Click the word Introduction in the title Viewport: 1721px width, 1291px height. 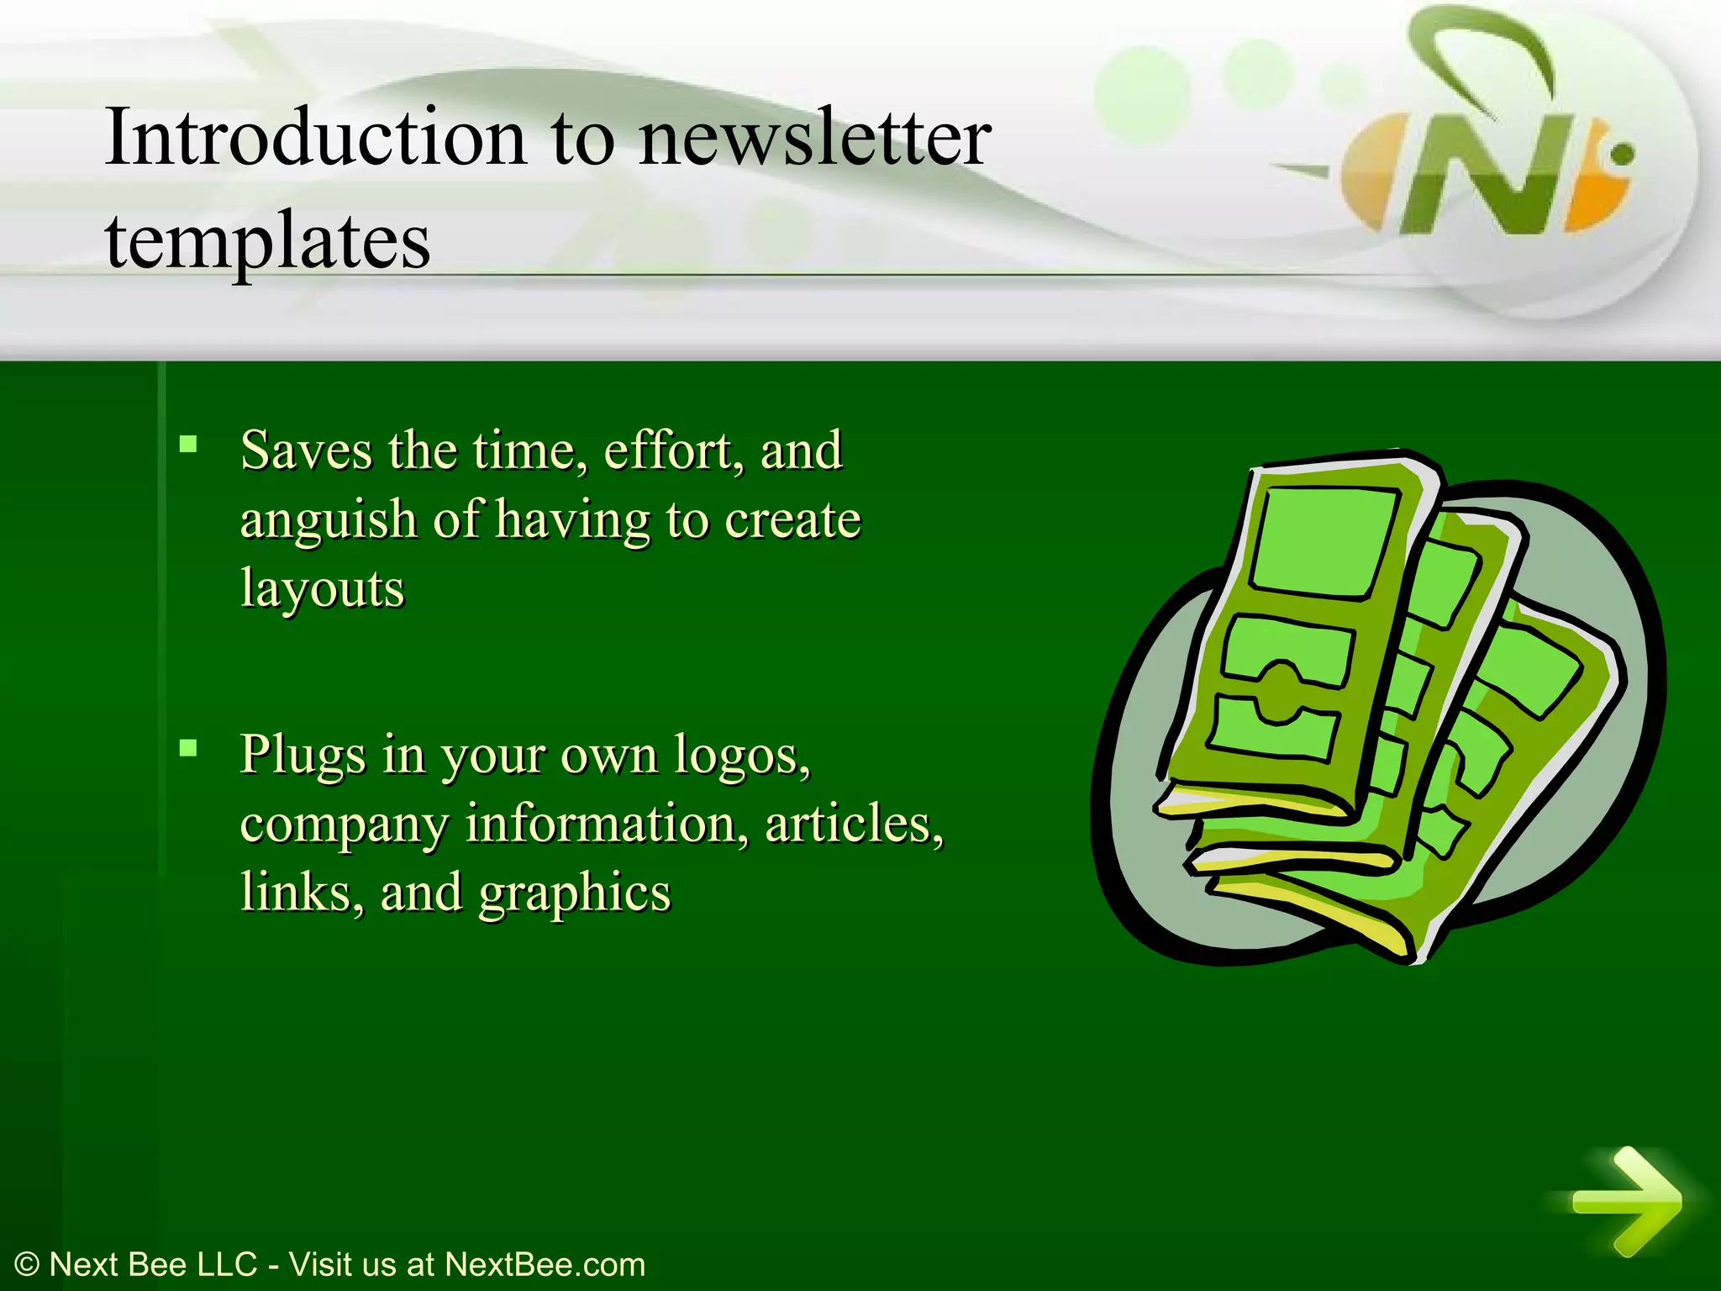[315, 137]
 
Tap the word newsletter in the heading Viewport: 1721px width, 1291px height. [814, 137]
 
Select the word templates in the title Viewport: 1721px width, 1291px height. [267, 240]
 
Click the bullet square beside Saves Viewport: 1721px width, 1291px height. [188, 444]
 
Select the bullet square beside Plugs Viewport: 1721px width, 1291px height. [188, 747]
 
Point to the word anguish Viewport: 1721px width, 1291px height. [329, 520]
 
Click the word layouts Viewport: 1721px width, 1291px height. [322, 588]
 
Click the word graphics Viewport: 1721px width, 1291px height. [575, 892]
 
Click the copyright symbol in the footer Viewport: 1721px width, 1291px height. [27, 1265]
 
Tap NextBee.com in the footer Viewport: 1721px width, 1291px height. [545, 1265]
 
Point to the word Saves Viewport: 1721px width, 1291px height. [306, 451]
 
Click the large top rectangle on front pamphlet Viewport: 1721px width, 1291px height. [1324, 542]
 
